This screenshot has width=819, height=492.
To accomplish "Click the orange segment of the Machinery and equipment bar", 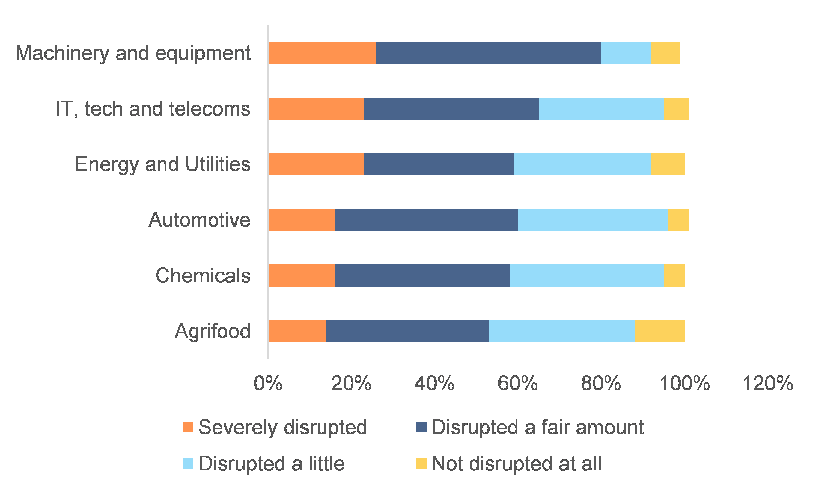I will [x=322, y=53].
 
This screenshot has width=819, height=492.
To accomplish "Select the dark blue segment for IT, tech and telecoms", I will [x=451, y=109].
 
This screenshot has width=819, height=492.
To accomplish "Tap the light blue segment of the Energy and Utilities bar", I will [x=582, y=164].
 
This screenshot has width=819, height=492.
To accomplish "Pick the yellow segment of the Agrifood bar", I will [x=659, y=331].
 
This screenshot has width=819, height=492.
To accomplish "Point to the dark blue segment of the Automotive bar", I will [x=426, y=220].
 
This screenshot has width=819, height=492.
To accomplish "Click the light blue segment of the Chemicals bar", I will [x=586, y=276].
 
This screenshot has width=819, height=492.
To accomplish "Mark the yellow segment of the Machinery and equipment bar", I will [x=665, y=53].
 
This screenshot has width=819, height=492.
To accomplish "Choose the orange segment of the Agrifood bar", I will [x=297, y=331].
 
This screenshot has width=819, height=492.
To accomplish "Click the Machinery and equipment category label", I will [x=133, y=53].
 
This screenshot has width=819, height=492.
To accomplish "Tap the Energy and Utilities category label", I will [x=163, y=164].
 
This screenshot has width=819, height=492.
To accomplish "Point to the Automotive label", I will [x=199, y=220].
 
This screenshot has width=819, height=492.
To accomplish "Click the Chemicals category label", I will [x=203, y=276].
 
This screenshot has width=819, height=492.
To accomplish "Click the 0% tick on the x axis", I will [x=268, y=384].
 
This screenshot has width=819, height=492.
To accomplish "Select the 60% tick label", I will [x=518, y=384].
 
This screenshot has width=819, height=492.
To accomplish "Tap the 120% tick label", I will [x=768, y=384].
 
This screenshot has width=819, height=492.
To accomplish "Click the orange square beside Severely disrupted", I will [x=188, y=427].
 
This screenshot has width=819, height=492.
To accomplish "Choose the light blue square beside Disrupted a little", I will [x=188, y=464].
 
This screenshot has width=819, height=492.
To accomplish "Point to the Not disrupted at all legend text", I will [x=516, y=464].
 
